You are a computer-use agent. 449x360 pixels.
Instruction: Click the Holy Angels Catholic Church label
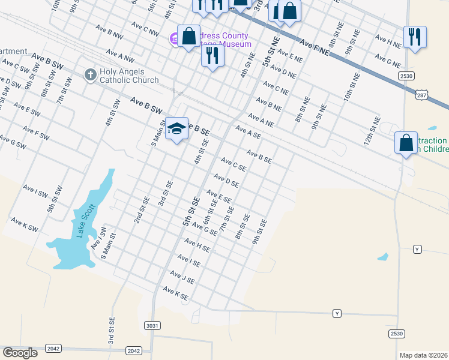129,75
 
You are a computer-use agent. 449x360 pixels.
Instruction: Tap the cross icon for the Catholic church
90,74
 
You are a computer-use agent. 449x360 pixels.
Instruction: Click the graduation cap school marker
177,128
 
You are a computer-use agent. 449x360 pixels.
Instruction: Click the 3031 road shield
152,325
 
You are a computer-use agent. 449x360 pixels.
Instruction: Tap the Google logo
20,353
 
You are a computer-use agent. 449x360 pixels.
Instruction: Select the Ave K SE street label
176,294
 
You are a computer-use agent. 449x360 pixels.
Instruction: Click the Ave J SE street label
182,277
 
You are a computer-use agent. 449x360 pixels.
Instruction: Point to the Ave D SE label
227,180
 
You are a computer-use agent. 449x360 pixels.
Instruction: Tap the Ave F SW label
36,133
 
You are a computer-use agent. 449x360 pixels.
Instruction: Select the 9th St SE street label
259,232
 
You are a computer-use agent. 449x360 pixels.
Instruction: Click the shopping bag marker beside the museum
188,36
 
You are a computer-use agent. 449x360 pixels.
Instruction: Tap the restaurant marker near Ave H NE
415,37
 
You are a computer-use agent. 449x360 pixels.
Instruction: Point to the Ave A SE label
248,132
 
